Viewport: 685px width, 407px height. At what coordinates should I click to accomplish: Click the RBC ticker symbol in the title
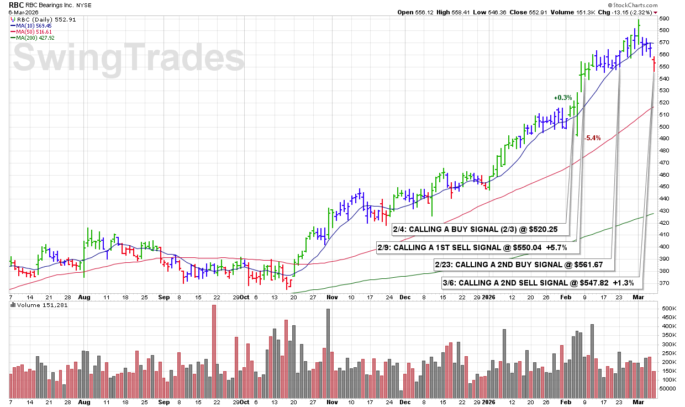click(x=17, y=4)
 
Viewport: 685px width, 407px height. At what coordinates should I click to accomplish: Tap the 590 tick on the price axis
click(x=664, y=18)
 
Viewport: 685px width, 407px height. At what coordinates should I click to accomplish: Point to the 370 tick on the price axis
click(x=664, y=283)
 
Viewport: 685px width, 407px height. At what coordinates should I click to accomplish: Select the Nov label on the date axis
click(x=332, y=297)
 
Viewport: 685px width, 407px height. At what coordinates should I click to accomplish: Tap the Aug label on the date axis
click(x=85, y=297)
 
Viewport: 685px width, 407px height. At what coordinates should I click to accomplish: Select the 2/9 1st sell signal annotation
click(x=472, y=247)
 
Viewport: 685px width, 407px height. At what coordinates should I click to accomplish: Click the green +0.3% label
click(x=563, y=98)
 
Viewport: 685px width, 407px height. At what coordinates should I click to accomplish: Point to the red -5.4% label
click(x=592, y=138)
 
